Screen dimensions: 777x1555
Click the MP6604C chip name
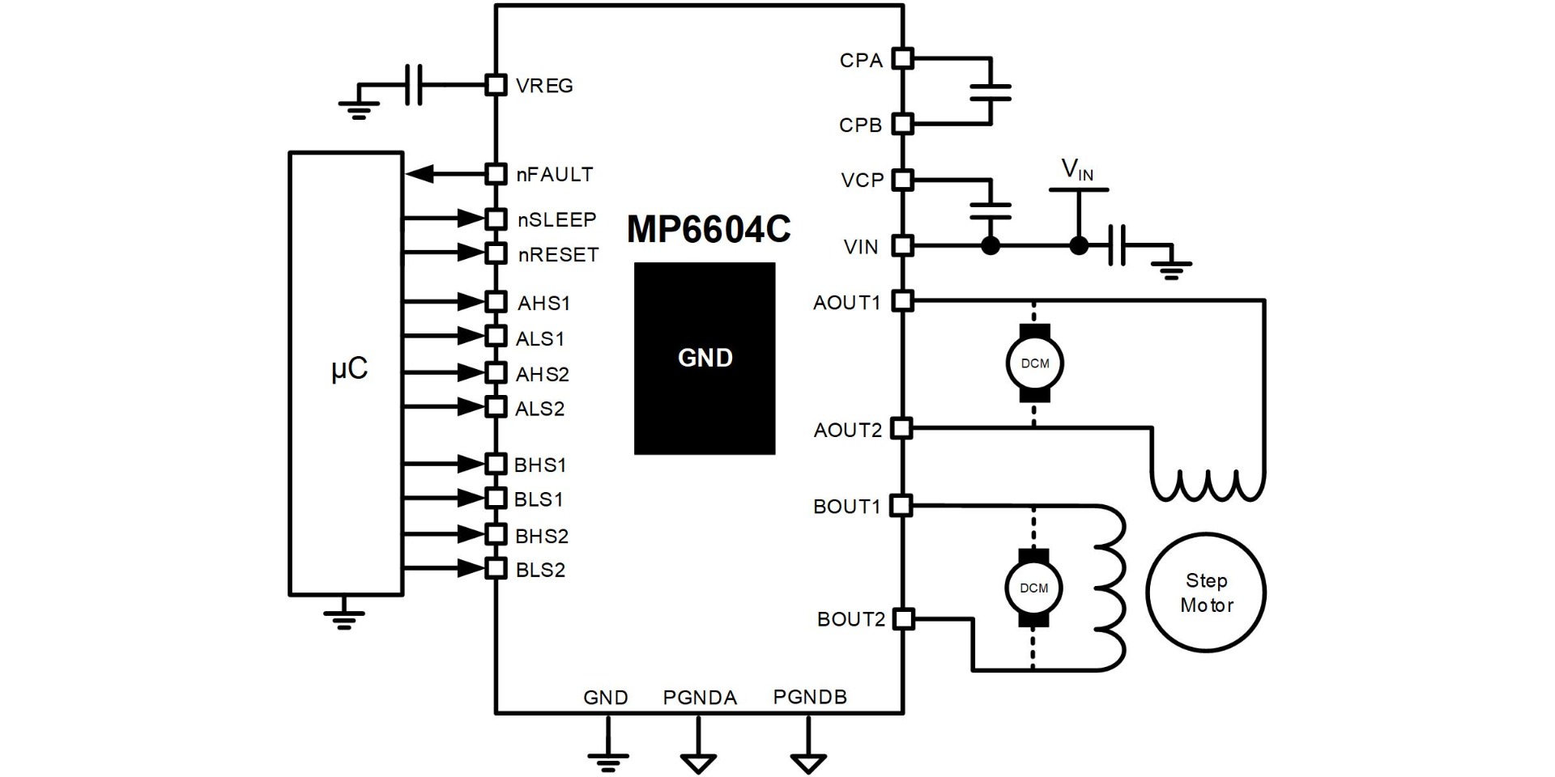[709, 231]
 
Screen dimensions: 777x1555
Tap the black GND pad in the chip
[705, 358]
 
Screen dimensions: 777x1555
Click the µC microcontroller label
[350, 370]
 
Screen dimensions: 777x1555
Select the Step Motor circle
[1206, 592]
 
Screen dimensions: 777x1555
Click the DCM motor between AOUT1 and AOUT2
[1034, 363]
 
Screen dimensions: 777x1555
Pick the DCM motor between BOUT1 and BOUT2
[1033, 588]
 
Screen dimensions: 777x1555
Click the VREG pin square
[496, 85]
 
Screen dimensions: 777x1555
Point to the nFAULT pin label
[555, 175]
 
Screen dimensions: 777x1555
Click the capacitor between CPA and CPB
[991, 92]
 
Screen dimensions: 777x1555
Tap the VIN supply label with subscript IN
[1077, 170]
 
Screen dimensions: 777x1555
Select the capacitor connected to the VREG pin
[413, 85]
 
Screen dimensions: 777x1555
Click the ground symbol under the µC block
[344, 617]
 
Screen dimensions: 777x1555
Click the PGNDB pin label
[810, 697]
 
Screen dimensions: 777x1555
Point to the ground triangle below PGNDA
[698, 762]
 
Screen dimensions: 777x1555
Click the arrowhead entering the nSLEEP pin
[470, 218]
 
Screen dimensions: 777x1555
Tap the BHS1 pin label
[540, 465]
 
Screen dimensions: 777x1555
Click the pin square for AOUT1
[902, 301]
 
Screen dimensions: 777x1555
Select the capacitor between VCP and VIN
[991, 210]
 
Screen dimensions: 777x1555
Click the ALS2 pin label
[539, 409]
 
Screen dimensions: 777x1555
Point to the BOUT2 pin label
[850, 620]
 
